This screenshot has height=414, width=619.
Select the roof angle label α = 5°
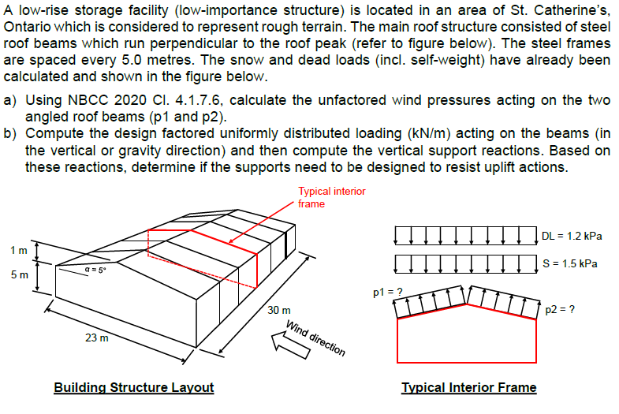(96, 269)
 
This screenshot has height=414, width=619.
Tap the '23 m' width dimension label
(97, 338)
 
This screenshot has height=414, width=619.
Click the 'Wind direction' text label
(315, 338)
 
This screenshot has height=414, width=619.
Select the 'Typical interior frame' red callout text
(331, 197)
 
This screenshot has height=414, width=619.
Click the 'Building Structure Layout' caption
(133, 387)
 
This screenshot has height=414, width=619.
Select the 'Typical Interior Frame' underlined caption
(468, 387)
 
